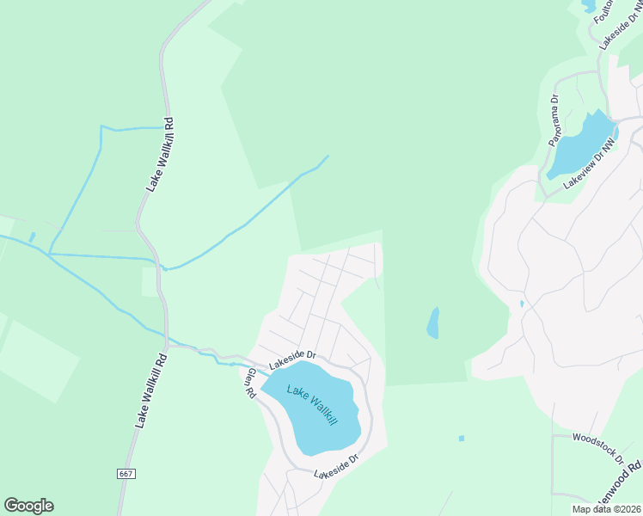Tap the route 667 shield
pyautogui.click(x=126, y=474)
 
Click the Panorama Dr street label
pyautogui.click(x=555, y=120)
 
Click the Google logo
pyautogui.click(x=28, y=506)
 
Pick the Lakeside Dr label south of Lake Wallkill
pyautogui.click(x=335, y=468)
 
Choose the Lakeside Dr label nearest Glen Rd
pyautogui.click(x=292, y=360)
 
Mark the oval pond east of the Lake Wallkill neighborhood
pyautogui.click(x=432, y=323)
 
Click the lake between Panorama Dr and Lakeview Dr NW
pyautogui.click(x=581, y=144)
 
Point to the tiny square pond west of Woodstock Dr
pyautogui.click(x=462, y=439)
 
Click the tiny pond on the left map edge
pyautogui.click(x=32, y=236)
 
